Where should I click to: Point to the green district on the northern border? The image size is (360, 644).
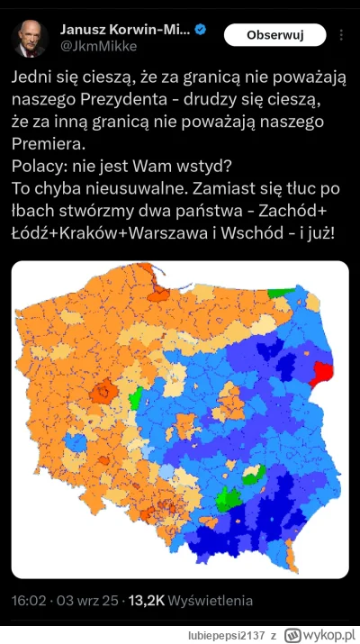[x=281, y=294]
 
